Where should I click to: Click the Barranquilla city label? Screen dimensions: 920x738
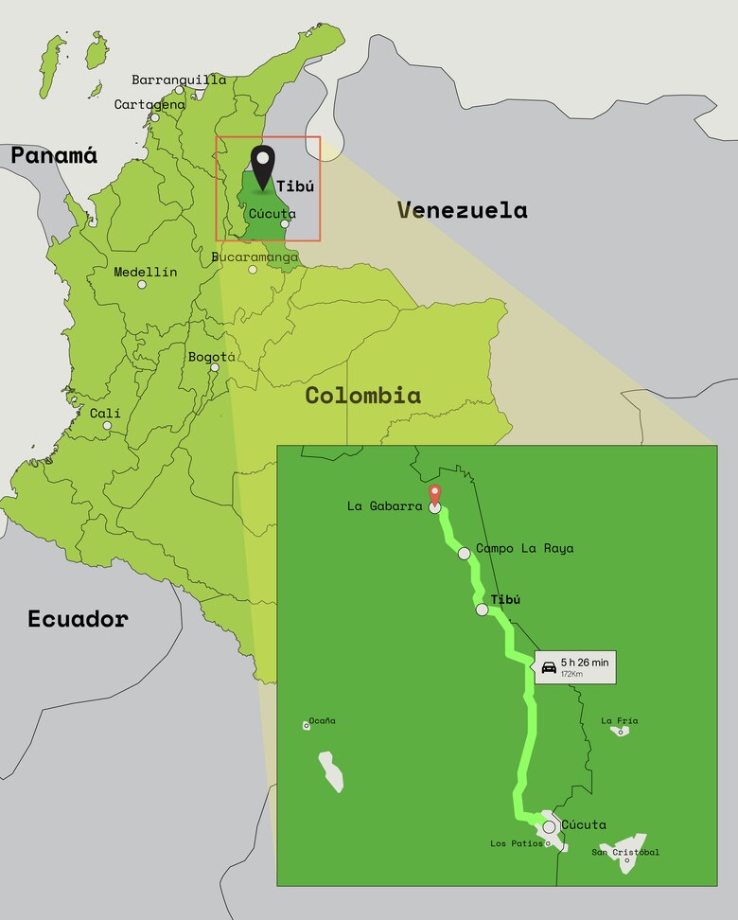[x=179, y=80]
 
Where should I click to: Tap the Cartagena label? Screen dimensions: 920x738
[x=149, y=104]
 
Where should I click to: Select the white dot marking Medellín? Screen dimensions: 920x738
[x=142, y=284]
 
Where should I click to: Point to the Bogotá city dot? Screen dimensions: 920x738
[x=215, y=367]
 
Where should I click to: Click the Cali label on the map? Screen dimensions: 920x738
[x=105, y=413]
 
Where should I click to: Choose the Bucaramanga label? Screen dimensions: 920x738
[x=255, y=257]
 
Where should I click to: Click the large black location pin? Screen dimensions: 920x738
[x=261, y=169]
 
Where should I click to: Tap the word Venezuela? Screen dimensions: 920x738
[x=462, y=209]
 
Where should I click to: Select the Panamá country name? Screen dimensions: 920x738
[x=54, y=155]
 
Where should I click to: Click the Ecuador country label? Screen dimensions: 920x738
[x=78, y=619]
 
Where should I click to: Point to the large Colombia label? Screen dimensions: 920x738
[x=362, y=395]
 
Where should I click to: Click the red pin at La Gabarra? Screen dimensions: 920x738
[x=434, y=495]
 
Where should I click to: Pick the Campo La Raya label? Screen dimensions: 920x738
[x=524, y=548]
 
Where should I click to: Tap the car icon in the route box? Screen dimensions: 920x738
[x=549, y=667]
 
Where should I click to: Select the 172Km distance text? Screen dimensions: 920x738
[x=572, y=674]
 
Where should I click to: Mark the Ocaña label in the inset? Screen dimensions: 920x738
[x=322, y=720]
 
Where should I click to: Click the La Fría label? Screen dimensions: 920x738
[x=620, y=720]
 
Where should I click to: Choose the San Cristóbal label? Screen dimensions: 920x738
[x=625, y=852]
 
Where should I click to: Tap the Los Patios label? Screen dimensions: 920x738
[x=517, y=843]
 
